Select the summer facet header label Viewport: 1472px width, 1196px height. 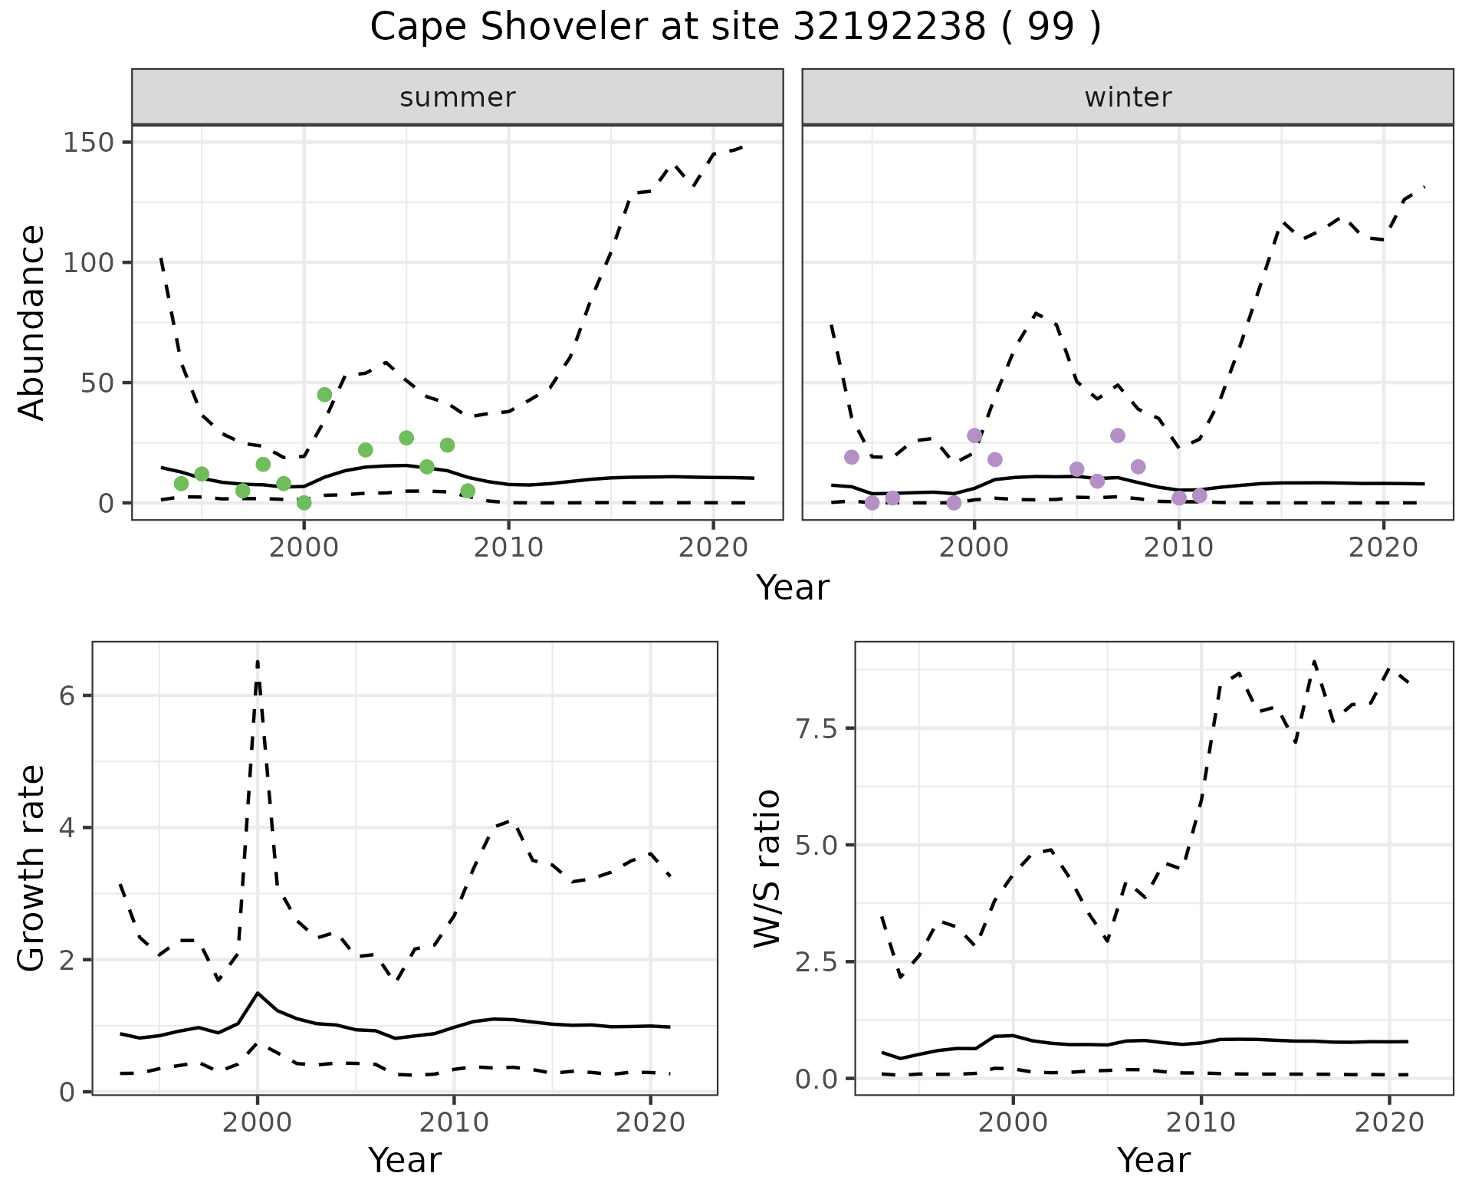[x=457, y=97]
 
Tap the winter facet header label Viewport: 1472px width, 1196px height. [x=1127, y=97]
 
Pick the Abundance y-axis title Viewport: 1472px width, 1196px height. [x=32, y=322]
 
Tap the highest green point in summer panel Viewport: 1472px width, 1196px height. [x=324, y=394]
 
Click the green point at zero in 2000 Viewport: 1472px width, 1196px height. [x=304, y=503]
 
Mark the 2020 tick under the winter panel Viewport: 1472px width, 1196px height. [x=1383, y=547]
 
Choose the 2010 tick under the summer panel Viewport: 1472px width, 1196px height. [x=508, y=547]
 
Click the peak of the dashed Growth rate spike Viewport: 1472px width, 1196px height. [x=258, y=661]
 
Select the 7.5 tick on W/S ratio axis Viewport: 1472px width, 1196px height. [x=816, y=728]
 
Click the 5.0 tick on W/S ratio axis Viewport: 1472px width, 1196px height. [x=816, y=845]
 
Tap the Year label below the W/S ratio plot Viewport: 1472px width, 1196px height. [x=1153, y=1160]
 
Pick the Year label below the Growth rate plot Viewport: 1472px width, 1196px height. [x=404, y=1160]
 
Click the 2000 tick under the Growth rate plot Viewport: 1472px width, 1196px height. [x=258, y=1122]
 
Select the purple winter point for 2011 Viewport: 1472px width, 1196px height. [x=1199, y=496]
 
